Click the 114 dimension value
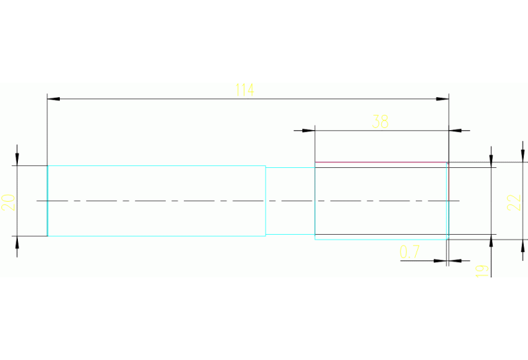pyautogui.click(x=244, y=89)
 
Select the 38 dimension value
pyautogui.click(x=380, y=122)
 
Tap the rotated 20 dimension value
pyautogui.click(x=8, y=203)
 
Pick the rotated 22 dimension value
pyautogui.click(x=514, y=203)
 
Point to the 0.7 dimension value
pyautogui.click(x=410, y=252)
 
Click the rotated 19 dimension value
pyautogui.click(x=482, y=271)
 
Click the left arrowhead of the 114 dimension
pyautogui.click(x=54, y=99)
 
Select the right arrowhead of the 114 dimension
pyautogui.click(x=443, y=99)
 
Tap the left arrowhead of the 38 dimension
pyautogui.click(x=308, y=131)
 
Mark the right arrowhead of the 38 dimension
pyautogui.click(x=455, y=131)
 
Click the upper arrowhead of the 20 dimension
pyautogui.click(x=17, y=159)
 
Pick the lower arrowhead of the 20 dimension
pyautogui.click(x=17, y=242)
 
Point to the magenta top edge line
pyautogui.click(x=381, y=162)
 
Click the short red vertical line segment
pyautogui.click(x=449, y=182)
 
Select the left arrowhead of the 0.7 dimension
pyautogui.click(x=440, y=261)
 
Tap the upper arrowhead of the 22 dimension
pyautogui.click(x=522, y=156)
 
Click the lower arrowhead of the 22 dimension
pyautogui.click(x=522, y=246)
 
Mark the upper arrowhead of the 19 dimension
pyautogui.click(x=492, y=161)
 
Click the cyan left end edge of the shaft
pyautogui.click(x=47, y=201)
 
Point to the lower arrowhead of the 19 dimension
pyautogui.click(x=492, y=240)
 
